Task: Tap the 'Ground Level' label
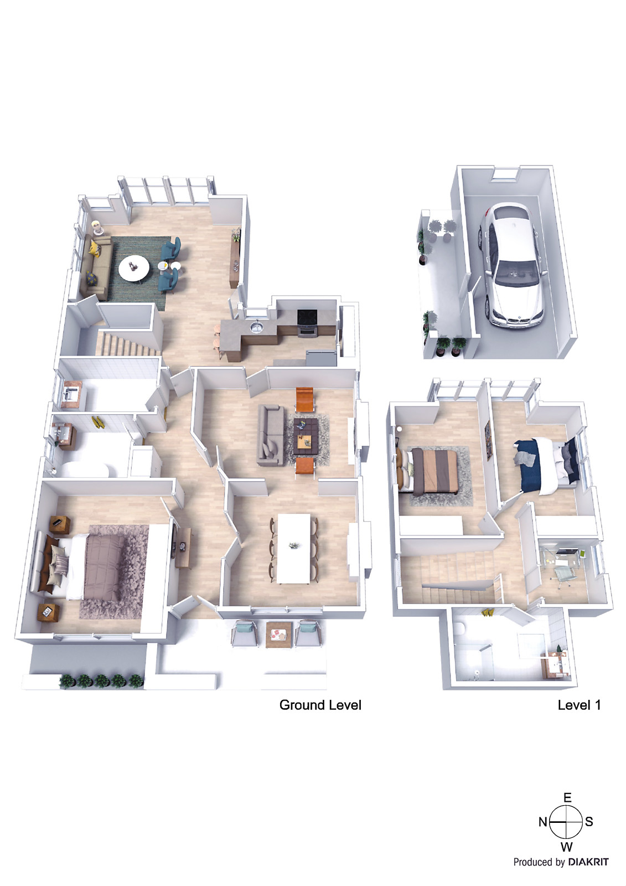[x=320, y=705]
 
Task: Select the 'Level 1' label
[x=579, y=705]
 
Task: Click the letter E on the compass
[x=567, y=798]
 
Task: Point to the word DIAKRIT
[x=588, y=862]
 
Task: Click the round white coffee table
[x=134, y=268]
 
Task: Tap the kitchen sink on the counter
[x=256, y=327]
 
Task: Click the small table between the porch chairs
[x=278, y=633]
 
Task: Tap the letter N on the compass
[x=542, y=822]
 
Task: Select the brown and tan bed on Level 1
[x=430, y=471]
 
